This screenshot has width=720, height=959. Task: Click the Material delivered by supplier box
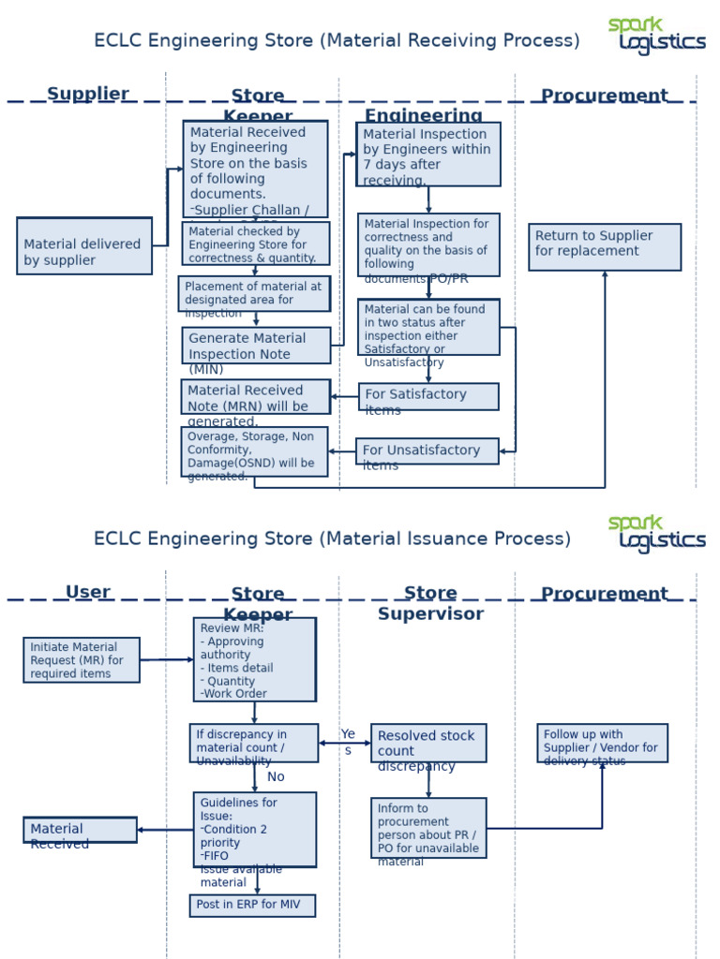click(84, 246)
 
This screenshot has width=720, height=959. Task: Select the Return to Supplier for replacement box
click(605, 247)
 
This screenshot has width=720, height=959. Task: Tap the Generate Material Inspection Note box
click(256, 346)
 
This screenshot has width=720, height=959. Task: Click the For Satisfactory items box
click(428, 396)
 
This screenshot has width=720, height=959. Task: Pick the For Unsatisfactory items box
click(427, 451)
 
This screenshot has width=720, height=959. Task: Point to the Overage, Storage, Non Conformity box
click(254, 451)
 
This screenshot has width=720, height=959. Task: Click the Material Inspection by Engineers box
click(428, 155)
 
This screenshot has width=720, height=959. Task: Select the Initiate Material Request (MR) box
click(82, 660)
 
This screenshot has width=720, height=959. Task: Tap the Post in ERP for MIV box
click(252, 906)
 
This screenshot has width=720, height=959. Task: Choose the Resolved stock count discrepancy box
click(428, 744)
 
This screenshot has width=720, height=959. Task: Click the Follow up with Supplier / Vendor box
click(602, 743)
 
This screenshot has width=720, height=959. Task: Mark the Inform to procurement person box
click(428, 828)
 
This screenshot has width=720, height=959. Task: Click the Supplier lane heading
click(88, 94)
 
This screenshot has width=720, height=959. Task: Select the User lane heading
click(88, 592)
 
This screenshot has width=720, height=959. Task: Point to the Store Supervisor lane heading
click(430, 604)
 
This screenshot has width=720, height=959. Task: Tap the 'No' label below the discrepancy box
click(276, 777)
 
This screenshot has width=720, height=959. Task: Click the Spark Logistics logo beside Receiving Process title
click(655, 36)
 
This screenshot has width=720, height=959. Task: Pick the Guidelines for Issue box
click(254, 830)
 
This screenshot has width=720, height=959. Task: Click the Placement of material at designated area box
click(254, 293)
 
